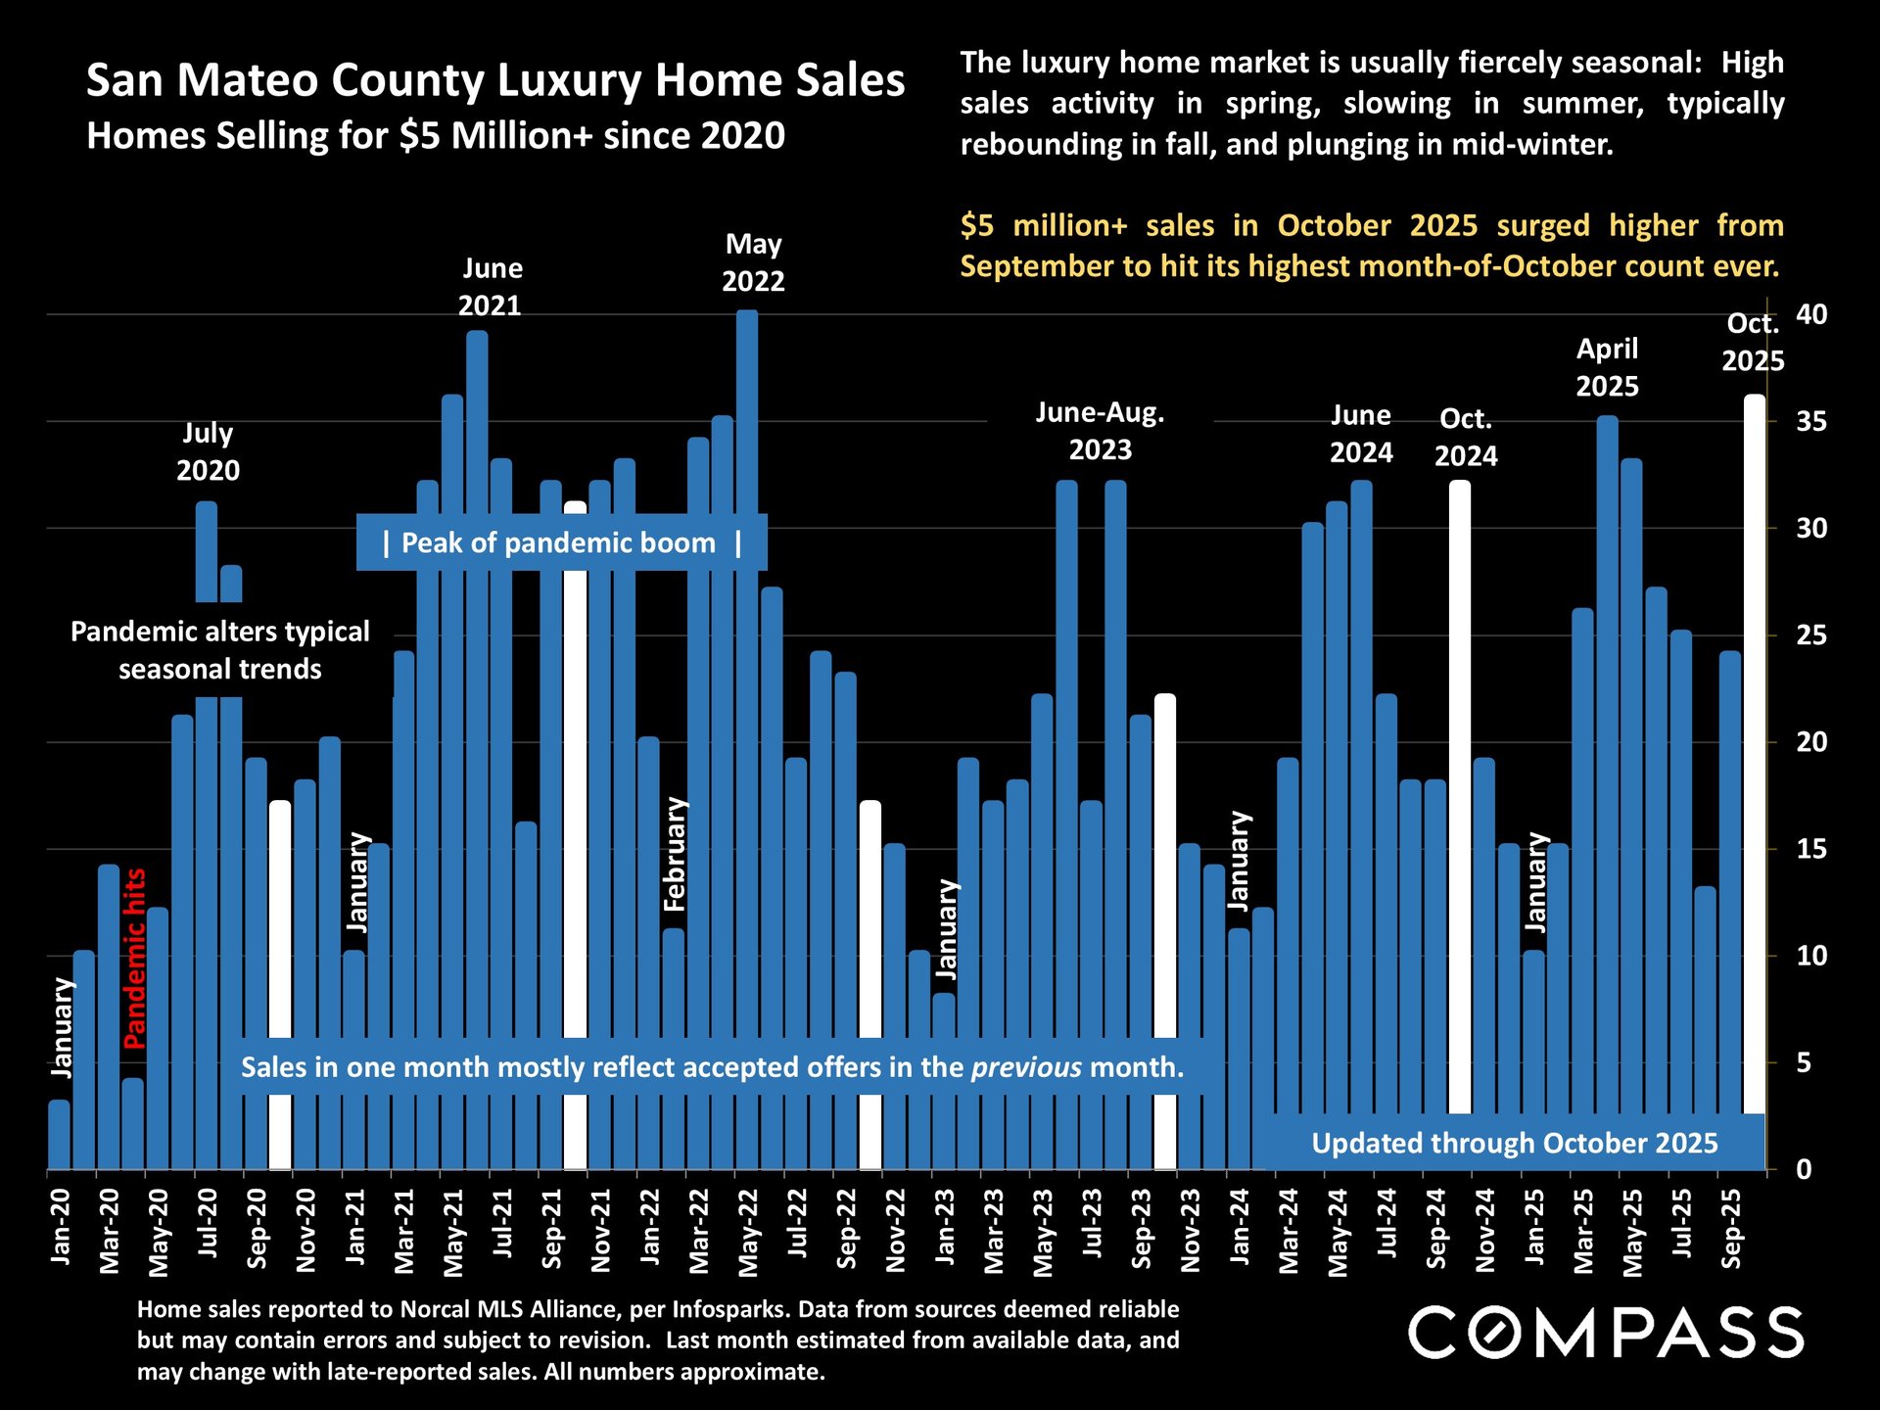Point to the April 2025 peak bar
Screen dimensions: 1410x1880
tap(1607, 764)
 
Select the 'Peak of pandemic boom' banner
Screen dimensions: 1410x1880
tap(561, 542)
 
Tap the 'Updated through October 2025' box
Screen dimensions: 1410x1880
tap(1514, 1143)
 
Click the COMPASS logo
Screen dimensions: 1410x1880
tap(1606, 1332)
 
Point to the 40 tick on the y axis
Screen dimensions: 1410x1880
tap(1811, 314)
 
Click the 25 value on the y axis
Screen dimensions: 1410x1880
tap(1811, 635)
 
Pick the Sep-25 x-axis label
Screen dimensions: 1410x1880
tap(1731, 1229)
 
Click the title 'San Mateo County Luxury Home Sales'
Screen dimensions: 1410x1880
tap(495, 80)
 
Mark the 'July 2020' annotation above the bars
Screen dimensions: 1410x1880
tap(208, 451)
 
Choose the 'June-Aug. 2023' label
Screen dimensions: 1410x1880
tap(1100, 431)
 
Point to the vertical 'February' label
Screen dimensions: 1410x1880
tap(676, 854)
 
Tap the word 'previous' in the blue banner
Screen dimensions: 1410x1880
tap(1026, 1066)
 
